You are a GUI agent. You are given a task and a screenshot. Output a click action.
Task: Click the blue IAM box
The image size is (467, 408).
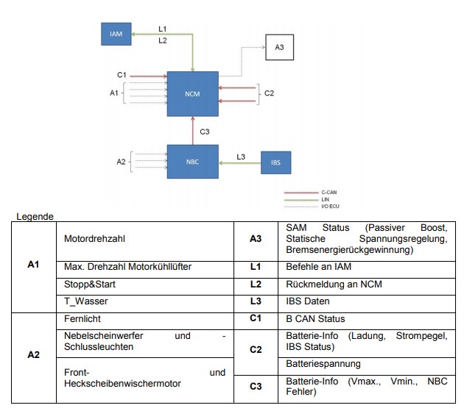pyautogui.click(x=116, y=34)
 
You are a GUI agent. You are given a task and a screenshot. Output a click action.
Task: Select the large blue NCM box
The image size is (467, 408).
pyautogui.click(x=192, y=93)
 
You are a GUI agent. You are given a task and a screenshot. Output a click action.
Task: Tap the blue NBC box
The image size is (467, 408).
pyautogui.click(x=192, y=162)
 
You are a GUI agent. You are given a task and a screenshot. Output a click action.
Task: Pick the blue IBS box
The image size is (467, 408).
pyautogui.click(x=275, y=162)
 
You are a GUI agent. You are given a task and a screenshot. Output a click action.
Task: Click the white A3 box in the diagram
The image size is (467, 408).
pyautogui.click(x=278, y=49)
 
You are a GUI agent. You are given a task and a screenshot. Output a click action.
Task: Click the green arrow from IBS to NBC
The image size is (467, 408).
pyautogui.click(x=239, y=162)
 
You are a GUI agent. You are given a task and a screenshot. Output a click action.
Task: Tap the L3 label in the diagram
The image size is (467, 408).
pyautogui.click(x=241, y=156)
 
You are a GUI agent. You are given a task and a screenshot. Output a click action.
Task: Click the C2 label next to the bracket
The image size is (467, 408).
pyautogui.click(x=269, y=93)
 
